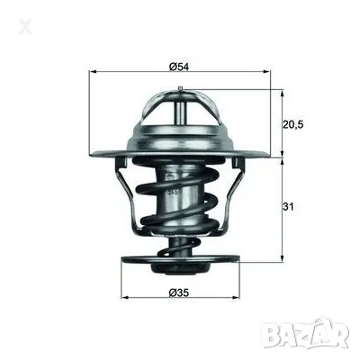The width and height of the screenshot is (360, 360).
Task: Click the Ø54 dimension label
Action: (x=179, y=65)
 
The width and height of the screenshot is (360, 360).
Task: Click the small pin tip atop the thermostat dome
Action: (x=180, y=87)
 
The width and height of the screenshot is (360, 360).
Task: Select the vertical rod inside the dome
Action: (x=180, y=117)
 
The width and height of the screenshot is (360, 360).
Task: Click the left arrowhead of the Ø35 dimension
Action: (x=124, y=298)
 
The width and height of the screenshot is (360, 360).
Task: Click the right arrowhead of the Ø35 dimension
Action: (x=237, y=298)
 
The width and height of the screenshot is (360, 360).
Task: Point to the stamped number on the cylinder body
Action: (x=173, y=192)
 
